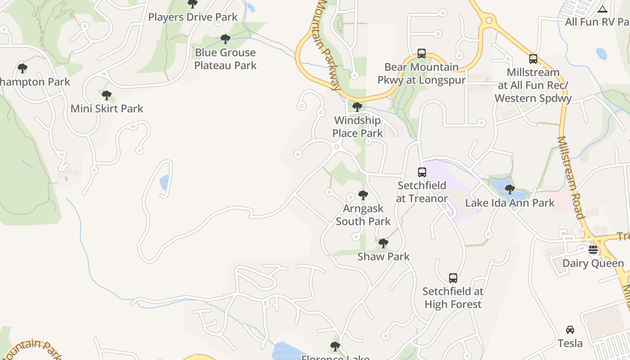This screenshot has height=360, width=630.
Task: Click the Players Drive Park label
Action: (x=193, y=17)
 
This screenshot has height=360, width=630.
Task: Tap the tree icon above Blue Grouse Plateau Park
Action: (x=225, y=39)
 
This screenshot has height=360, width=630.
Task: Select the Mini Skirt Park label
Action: (x=107, y=108)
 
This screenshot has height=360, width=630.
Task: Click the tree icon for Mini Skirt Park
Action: (x=107, y=95)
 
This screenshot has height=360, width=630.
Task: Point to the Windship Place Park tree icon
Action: (x=357, y=107)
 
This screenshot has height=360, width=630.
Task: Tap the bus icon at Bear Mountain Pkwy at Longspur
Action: (x=422, y=54)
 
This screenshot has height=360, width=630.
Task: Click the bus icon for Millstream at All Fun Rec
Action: (x=533, y=59)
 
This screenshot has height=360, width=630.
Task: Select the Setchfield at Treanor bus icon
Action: (x=422, y=172)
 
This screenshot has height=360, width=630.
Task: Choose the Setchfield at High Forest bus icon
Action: (x=453, y=278)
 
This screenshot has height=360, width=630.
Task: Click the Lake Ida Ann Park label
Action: (x=510, y=203)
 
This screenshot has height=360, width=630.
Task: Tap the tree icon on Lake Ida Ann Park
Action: (x=509, y=189)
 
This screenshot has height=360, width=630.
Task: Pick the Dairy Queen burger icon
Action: (x=593, y=250)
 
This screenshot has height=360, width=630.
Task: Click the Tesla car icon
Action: (x=570, y=330)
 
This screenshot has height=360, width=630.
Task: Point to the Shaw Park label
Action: (x=383, y=256)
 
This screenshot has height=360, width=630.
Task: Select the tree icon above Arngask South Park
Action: (x=363, y=195)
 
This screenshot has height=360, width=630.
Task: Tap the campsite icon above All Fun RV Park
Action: (x=603, y=9)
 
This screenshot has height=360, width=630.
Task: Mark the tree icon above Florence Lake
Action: (x=335, y=346)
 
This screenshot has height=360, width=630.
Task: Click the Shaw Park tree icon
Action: (x=383, y=243)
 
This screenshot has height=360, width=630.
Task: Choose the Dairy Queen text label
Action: (x=593, y=263)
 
